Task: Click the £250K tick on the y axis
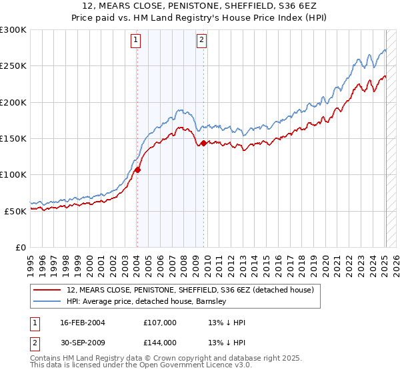click(x=13, y=66)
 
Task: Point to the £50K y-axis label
click(x=15, y=211)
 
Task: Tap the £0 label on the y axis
click(x=20, y=247)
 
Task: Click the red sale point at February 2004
click(x=137, y=170)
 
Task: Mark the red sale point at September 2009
click(x=203, y=143)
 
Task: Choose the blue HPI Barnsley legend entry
click(x=147, y=301)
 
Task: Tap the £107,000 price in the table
click(x=160, y=323)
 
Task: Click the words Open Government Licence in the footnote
click(x=175, y=366)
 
